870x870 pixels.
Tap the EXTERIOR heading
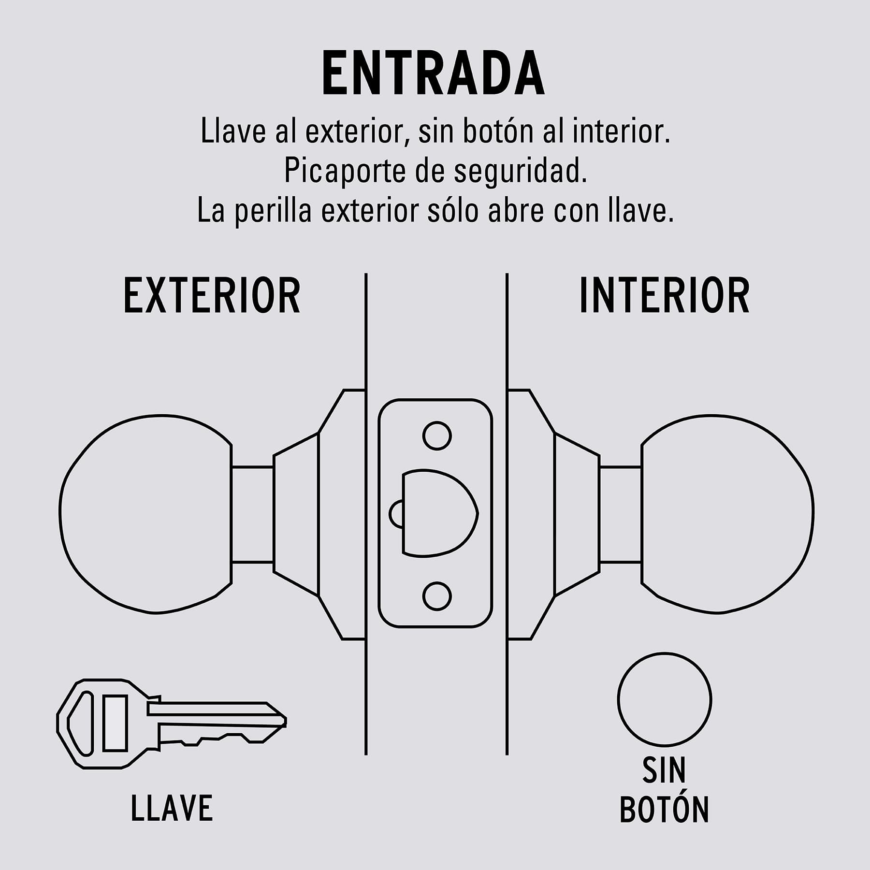[x=212, y=296]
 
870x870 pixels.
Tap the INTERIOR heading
[x=665, y=296]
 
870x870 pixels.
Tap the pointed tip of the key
[x=285, y=722]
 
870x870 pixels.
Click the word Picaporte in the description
[x=345, y=171]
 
